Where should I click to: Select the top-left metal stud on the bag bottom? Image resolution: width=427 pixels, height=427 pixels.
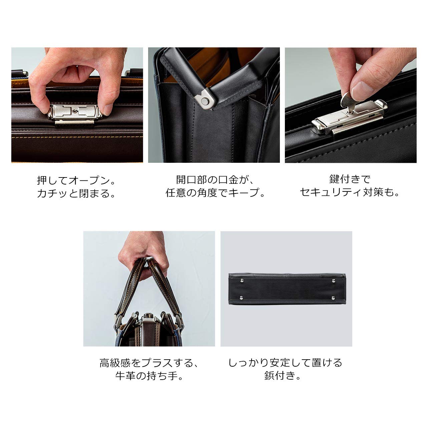point(241,281)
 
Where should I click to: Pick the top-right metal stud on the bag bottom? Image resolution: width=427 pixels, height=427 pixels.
point(334,281)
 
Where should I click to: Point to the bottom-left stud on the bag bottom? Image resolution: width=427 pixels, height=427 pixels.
point(241,297)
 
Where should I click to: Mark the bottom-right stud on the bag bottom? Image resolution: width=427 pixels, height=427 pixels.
point(334,297)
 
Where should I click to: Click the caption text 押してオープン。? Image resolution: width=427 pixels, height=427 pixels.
point(76,181)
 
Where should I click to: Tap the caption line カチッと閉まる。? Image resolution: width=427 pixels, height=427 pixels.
point(76,193)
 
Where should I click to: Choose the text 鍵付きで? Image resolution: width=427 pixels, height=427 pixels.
point(350,179)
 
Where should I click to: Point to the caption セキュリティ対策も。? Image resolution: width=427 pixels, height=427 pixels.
point(350,192)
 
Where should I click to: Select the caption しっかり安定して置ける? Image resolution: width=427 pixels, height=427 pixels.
point(285,363)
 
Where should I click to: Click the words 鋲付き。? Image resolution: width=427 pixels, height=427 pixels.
point(283,376)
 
